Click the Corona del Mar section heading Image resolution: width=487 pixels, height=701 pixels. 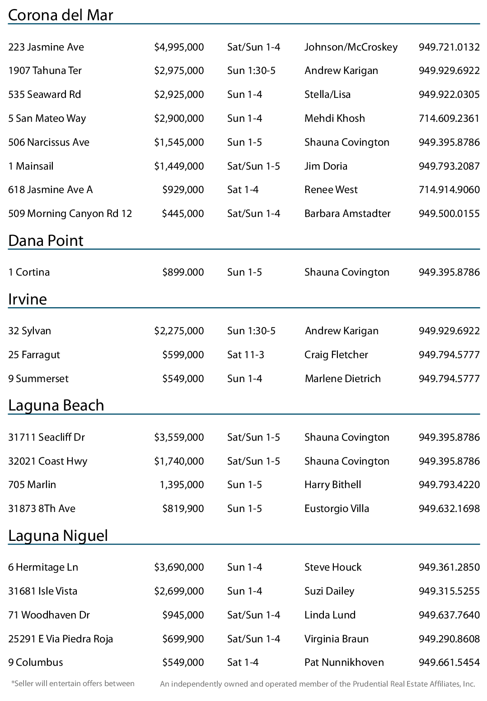[61, 15]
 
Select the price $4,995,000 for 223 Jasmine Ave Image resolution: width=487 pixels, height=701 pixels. [179, 47]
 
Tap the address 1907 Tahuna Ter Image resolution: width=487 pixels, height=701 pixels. [45, 70]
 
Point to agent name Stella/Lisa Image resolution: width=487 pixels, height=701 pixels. [327, 94]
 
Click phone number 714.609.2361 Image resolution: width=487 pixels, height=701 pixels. [449, 118]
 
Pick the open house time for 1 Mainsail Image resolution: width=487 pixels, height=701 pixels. [253, 166]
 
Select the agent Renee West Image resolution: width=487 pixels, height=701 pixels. [331, 189]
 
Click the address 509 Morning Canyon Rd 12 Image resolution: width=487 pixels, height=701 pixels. [70, 213]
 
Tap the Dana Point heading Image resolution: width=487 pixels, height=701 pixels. [46, 240]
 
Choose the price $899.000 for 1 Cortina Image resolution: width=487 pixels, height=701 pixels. [183, 272]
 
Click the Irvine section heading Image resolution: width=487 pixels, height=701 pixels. [28, 299]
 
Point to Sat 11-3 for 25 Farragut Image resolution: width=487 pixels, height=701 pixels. [245, 355]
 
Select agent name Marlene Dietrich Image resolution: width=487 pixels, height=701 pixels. [342, 378]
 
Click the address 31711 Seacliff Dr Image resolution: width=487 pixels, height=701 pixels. [47, 437]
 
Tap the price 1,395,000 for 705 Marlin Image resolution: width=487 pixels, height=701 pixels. [182, 484]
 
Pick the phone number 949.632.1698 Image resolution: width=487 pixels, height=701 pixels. [449, 508]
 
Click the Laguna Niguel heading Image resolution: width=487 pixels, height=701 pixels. [58, 535]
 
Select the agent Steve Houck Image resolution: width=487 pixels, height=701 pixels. [333, 567]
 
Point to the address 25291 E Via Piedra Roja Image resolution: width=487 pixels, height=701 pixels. [61, 639]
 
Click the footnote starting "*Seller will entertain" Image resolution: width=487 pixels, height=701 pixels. [73, 683]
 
